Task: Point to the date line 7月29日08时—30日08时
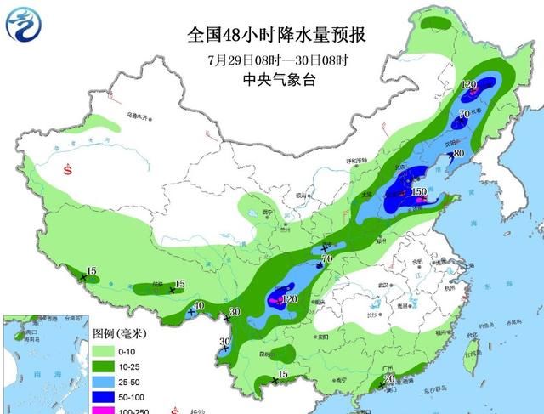(279, 60)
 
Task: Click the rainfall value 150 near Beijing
(418, 193)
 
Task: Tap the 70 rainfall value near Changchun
(465, 113)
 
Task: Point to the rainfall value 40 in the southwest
(199, 306)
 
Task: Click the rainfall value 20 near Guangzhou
(388, 379)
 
